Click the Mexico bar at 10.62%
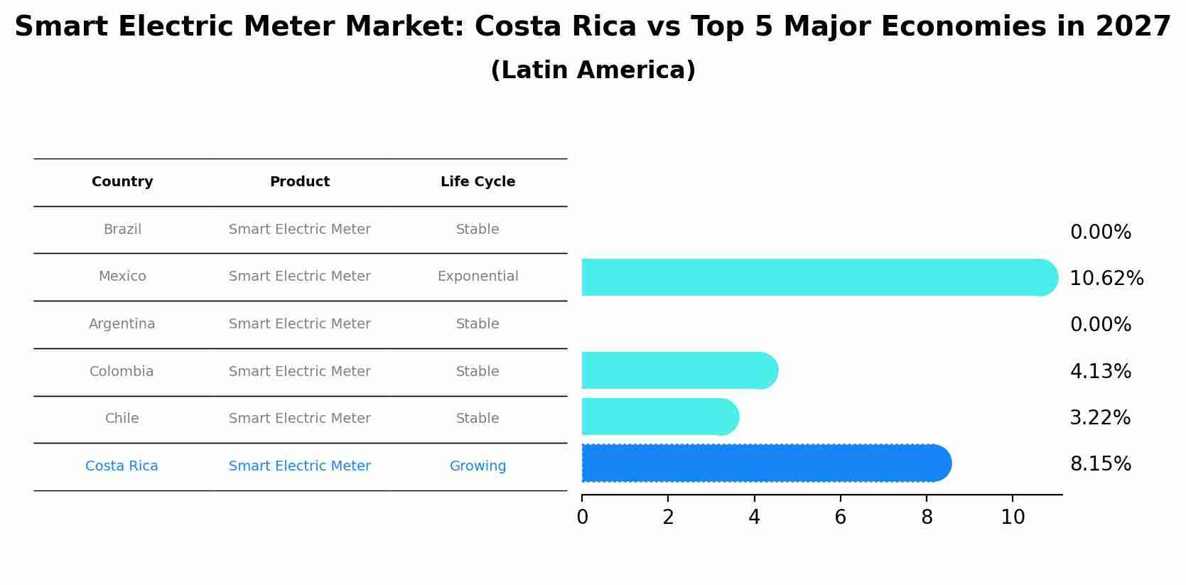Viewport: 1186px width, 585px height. click(817, 277)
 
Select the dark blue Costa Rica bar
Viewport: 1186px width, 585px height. click(764, 463)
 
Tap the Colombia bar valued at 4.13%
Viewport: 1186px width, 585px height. click(679, 370)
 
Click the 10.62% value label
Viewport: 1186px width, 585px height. click(1106, 279)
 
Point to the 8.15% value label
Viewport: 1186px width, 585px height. click(1100, 464)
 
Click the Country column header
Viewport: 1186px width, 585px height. click(122, 182)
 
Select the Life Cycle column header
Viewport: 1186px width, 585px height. click(478, 182)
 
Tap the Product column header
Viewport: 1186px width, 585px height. click(299, 182)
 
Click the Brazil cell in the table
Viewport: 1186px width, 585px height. click(122, 230)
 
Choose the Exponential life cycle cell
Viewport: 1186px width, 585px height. click(478, 277)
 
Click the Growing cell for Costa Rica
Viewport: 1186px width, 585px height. click(478, 466)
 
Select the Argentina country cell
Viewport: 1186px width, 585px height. click(122, 324)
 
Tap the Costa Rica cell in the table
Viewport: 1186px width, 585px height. click(122, 466)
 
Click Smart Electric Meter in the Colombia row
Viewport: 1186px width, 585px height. click(299, 372)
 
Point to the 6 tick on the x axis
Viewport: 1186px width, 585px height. click(840, 517)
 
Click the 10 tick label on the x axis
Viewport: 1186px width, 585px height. click(1013, 517)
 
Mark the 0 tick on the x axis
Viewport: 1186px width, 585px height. click(582, 517)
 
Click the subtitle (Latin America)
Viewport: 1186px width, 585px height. click(593, 70)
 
